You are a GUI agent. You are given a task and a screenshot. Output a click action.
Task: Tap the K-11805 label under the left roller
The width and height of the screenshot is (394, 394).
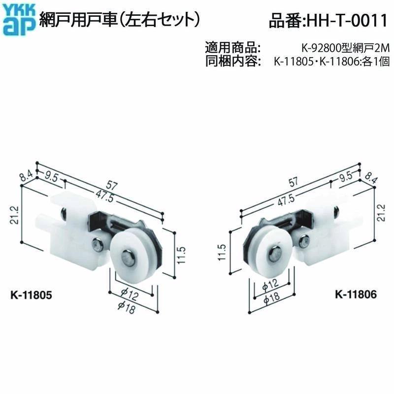point(31,295)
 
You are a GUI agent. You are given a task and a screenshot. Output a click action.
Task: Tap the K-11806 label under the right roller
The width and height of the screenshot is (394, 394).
point(356,294)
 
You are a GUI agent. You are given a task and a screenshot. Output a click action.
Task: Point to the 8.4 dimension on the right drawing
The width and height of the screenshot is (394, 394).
point(370,178)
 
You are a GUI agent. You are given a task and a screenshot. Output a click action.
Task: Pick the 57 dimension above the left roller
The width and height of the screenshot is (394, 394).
point(111,185)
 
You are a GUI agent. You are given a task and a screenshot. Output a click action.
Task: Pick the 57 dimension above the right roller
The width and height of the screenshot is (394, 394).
point(293,182)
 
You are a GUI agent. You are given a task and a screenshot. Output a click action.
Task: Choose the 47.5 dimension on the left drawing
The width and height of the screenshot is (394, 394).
point(104,195)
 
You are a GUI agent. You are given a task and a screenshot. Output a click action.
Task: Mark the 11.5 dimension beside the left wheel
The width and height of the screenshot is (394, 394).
point(181,255)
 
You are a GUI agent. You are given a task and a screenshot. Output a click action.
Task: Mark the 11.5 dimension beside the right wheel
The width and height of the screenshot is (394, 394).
point(222,252)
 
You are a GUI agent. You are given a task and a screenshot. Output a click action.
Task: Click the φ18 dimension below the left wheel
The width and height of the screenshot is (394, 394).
point(127,307)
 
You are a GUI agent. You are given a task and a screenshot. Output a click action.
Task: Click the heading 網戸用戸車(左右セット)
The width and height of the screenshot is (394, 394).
point(120,20)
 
